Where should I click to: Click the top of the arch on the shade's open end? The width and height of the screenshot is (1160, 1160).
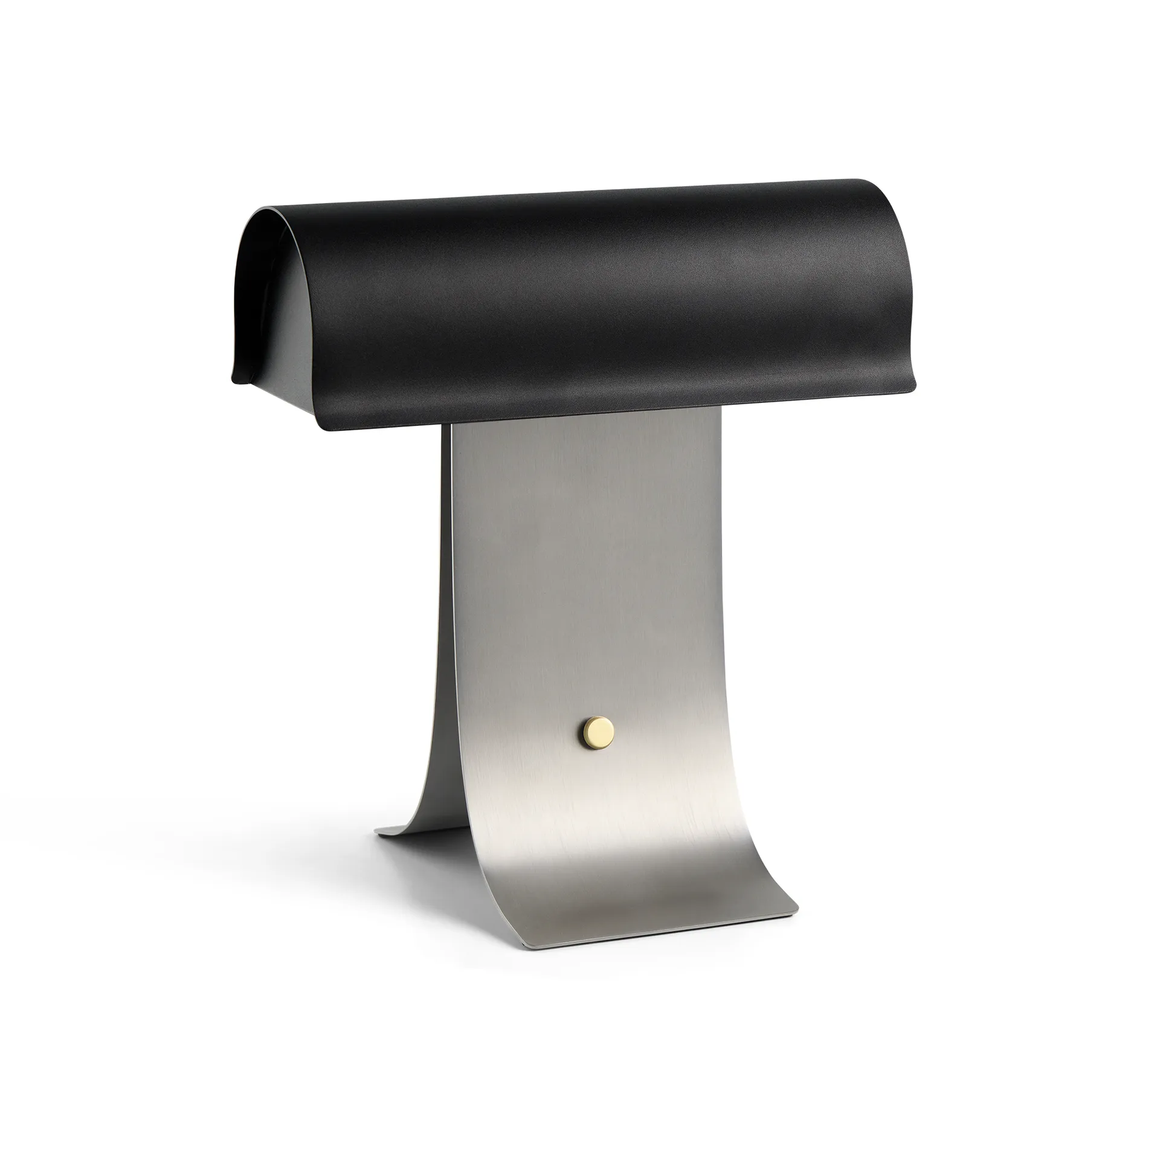point(266,210)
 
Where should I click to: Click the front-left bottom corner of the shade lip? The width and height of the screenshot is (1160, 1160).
point(329,428)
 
